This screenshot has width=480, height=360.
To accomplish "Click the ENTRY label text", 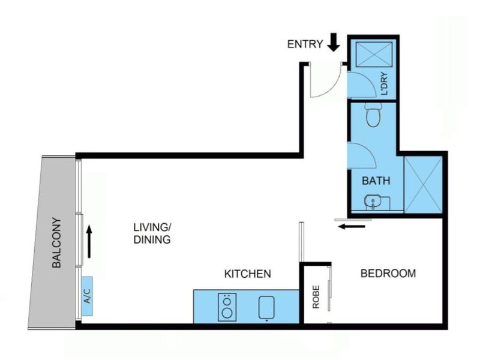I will pos(305,44).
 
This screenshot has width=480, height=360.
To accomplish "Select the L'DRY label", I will pos(385,85).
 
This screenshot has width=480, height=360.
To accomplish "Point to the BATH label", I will pos(376,179).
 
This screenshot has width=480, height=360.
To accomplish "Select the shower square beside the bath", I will pos(423,185).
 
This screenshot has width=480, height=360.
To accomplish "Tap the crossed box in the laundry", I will pos(371,54).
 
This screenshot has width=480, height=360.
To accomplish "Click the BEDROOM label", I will pos(388,274).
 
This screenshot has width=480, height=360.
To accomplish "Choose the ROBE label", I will pos(316,296).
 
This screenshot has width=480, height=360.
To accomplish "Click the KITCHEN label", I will pos(248,274).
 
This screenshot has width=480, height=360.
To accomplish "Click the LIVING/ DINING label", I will pos(152,233).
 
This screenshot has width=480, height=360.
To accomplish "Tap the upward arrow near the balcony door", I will pos(89,241).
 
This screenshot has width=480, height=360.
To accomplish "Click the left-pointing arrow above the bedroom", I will pos(351,226).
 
